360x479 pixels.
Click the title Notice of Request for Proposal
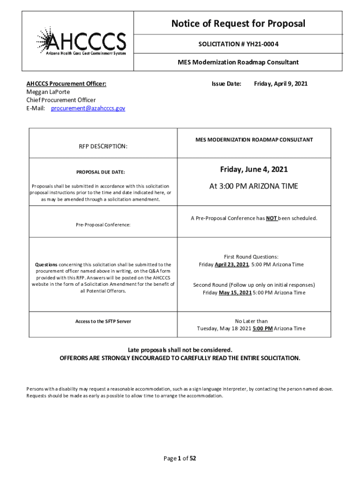tap(238, 23)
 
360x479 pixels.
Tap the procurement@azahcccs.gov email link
tap(88, 108)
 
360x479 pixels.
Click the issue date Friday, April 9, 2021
tap(281, 84)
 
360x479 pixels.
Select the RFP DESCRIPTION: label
tap(103, 146)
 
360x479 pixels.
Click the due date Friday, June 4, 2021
tap(254, 169)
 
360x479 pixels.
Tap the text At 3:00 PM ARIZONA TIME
tap(253, 186)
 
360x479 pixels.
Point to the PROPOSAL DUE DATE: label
tap(101, 172)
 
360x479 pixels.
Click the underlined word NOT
tap(272, 218)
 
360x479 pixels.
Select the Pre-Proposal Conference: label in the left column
tap(103, 225)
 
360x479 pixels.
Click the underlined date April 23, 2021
tap(231, 265)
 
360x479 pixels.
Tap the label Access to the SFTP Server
tap(103, 321)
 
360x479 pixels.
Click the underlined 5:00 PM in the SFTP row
tap(263, 328)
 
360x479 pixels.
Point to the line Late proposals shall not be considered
tap(180, 350)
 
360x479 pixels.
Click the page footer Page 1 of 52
tap(180, 458)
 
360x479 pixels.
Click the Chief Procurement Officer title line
tap(61, 100)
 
